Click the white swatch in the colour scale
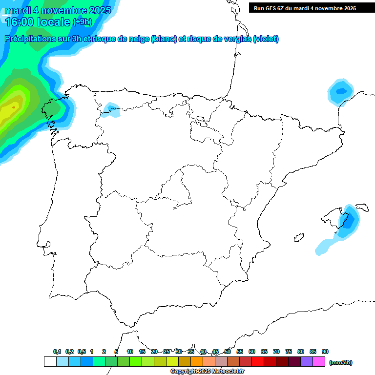click(x=50, y=361)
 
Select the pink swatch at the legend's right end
click(x=319, y=361)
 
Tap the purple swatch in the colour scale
click(x=307, y=361)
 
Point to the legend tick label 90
click(x=325, y=352)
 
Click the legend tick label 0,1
click(x=57, y=352)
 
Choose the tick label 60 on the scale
click(x=252, y=352)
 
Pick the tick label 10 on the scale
click(x=130, y=352)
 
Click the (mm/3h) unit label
click(x=341, y=362)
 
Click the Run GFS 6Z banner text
click(x=305, y=8)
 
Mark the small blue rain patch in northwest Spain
click(x=111, y=110)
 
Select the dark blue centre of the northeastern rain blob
click(x=341, y=91)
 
